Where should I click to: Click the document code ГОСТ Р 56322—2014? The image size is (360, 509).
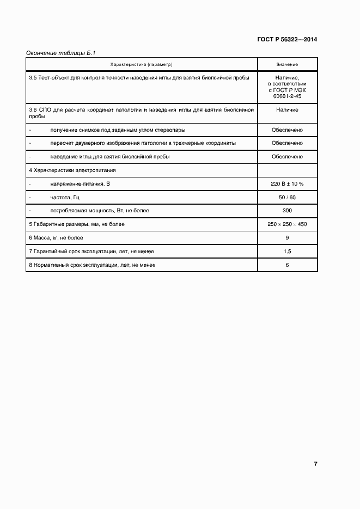coord(287,40)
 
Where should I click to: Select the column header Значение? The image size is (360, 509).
coord(287,65)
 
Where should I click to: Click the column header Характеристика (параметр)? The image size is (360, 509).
coord(141,65)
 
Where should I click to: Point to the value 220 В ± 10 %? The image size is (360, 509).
coord(287,184)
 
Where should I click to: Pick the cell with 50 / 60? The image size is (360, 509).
coord(287,197)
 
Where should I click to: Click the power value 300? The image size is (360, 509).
coord(287,211)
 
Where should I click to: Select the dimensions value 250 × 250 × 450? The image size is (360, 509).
coord(287,224)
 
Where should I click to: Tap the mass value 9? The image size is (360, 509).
coord(287,238)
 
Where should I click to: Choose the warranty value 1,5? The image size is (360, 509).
coord(287,252)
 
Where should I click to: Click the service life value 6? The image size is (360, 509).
coord(287,265)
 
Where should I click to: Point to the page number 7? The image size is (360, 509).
coord(315,464)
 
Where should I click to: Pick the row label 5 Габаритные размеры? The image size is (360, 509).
coord(77,224)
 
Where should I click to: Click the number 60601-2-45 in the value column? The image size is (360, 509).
coord(287,96)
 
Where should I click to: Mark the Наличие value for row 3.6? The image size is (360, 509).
coord(287,110)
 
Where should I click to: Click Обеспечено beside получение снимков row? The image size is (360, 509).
coord(287,130)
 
